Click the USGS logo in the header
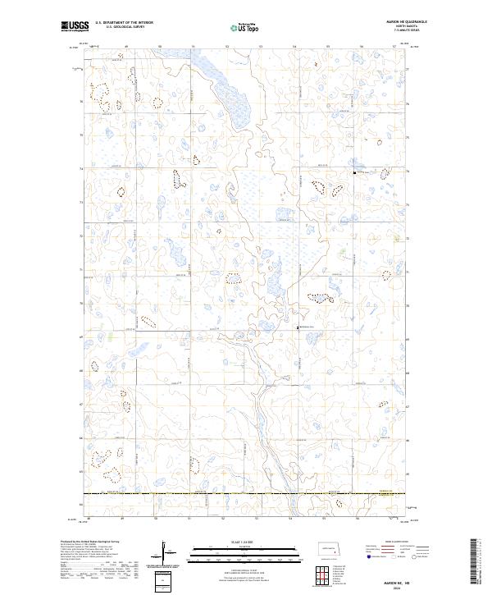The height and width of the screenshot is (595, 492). tap(75, 26)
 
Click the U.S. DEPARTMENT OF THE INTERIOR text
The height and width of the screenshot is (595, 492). tap(124, 23)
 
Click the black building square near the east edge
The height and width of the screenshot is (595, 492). tap(353, 172)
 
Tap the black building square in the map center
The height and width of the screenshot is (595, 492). tap(298, 327)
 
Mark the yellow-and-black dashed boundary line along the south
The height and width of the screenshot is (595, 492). tap(246, 493)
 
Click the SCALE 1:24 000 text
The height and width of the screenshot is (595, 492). tap(234, 542)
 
